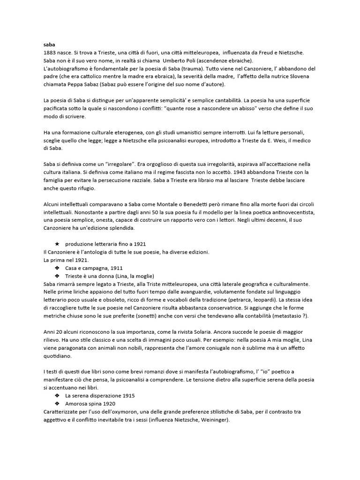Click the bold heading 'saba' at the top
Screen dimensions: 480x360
pyautogui.click(x=49, y=45)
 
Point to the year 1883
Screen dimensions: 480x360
pyautogui.click(x=50, y=53)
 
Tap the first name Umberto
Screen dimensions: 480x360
pyautogui.click(x=174, y=60)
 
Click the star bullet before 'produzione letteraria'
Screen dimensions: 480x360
pyautogui.click(x=57, y=244)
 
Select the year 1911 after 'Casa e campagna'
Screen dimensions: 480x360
pyautogui.click(x=116, y=268)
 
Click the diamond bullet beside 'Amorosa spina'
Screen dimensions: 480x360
pyautogui.click(x=57, y=403)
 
